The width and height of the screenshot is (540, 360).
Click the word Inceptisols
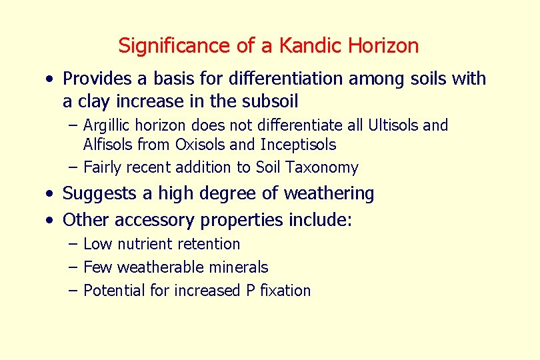pos(299,145)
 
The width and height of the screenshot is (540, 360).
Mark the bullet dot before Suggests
pos(51,194)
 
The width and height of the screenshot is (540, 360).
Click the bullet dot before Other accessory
pos(51,221)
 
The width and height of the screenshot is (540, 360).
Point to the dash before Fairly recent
pos(72,167)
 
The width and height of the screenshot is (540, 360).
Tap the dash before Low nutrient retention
pos(72,245)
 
